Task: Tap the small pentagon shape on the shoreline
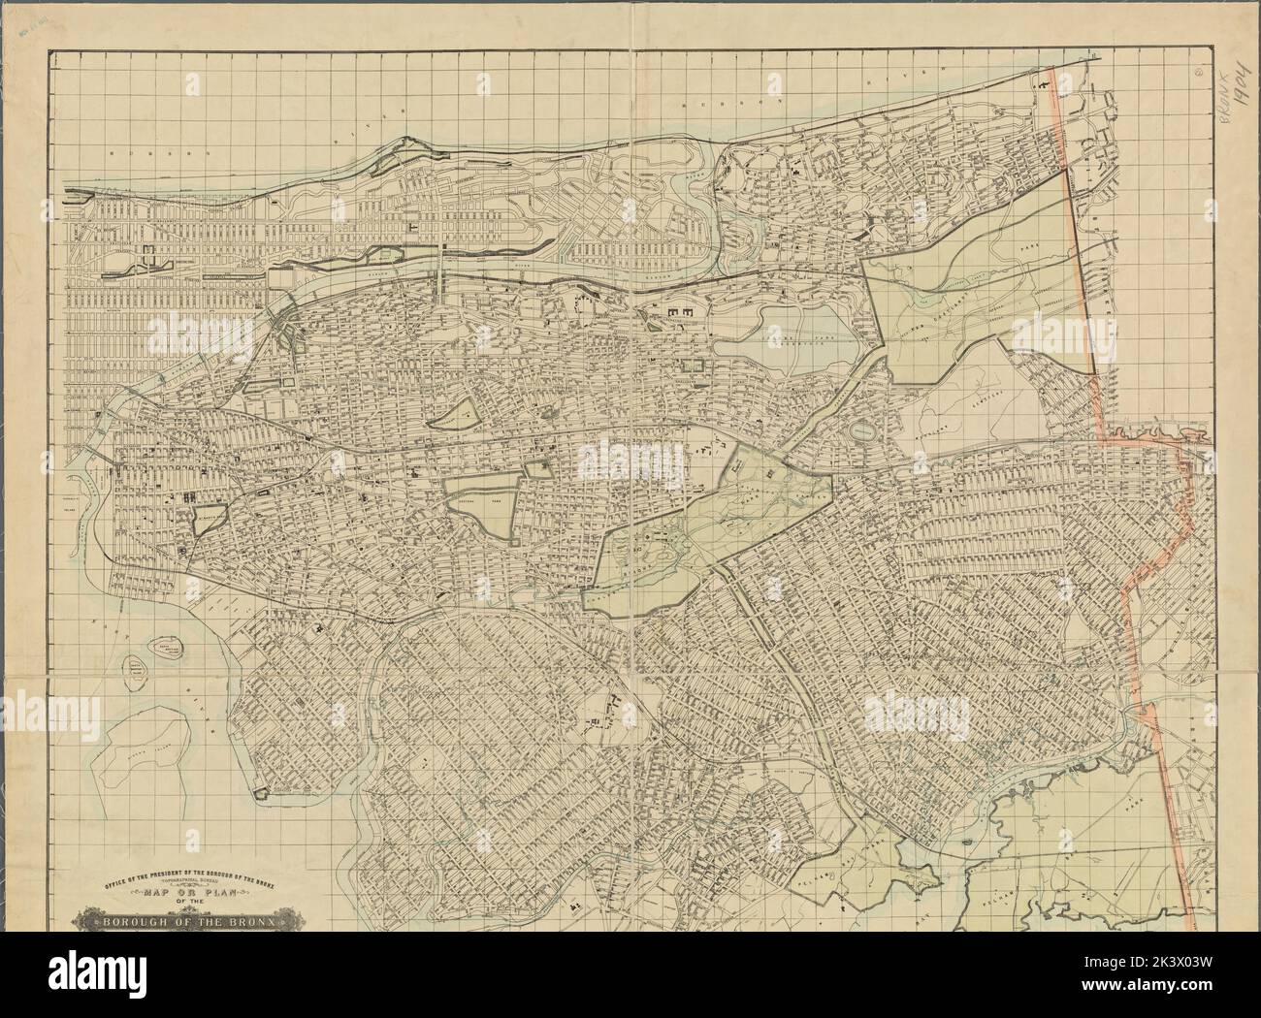(x=260, y=793)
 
